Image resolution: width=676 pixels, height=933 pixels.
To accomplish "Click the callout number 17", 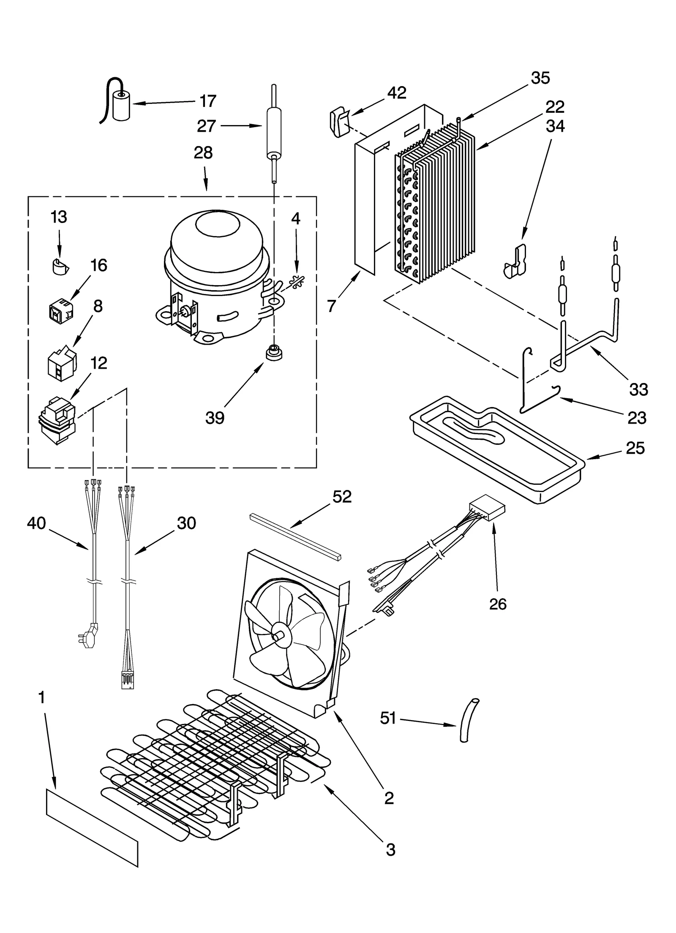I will tap(207, 101).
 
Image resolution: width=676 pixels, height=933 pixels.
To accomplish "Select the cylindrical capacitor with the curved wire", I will tap(122, 108).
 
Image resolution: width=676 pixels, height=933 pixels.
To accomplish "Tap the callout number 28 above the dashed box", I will tap(203, 153).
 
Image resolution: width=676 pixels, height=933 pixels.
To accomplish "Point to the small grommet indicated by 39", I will tap(274, 352).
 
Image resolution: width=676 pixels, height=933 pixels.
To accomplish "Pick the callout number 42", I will tap(396, 93).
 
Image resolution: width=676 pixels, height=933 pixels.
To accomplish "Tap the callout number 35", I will tap(540, 78).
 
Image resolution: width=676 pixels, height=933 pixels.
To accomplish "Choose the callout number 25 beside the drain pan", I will tap(635, 448).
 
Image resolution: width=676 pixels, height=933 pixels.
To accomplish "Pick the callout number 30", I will tap(186, 523).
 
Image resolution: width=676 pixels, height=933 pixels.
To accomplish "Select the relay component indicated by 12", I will tap(57, 419).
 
